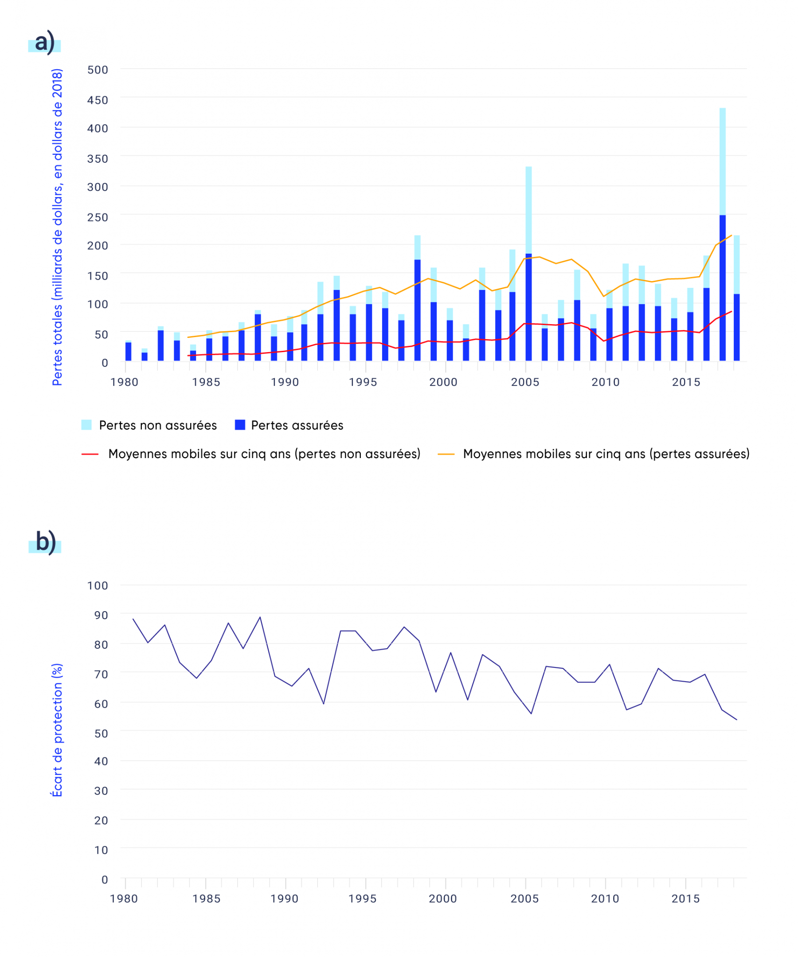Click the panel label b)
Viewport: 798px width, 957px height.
[x=46, y=542]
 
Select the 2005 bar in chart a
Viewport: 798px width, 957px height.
[x=528, y=264]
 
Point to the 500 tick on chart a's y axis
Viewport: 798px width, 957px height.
[x=98, y=70]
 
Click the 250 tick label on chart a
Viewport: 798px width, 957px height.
[x=98, y=217]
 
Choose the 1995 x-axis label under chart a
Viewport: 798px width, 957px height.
[x=363, y=382]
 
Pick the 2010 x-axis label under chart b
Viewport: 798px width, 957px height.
[x=605, y=898]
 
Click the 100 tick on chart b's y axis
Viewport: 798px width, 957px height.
[x=98, y=585]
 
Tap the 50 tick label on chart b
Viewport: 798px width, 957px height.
[x=101, y=733]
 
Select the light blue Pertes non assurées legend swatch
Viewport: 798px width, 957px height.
[x=86, y=425]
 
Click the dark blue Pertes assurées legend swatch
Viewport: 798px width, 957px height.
[x=240, y=425]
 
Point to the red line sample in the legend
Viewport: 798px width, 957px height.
[x=90, y=455]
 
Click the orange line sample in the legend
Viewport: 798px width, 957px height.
[x=446, y=455]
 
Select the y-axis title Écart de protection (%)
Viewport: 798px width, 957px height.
[x=57, y=730]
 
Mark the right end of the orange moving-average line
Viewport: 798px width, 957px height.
[x=731, y=235]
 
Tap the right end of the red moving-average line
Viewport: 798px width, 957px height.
[x=731, y=312]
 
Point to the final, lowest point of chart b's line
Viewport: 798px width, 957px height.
[x=736, y=720]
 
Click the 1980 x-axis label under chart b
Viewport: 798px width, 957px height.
[x=124, y=898]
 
